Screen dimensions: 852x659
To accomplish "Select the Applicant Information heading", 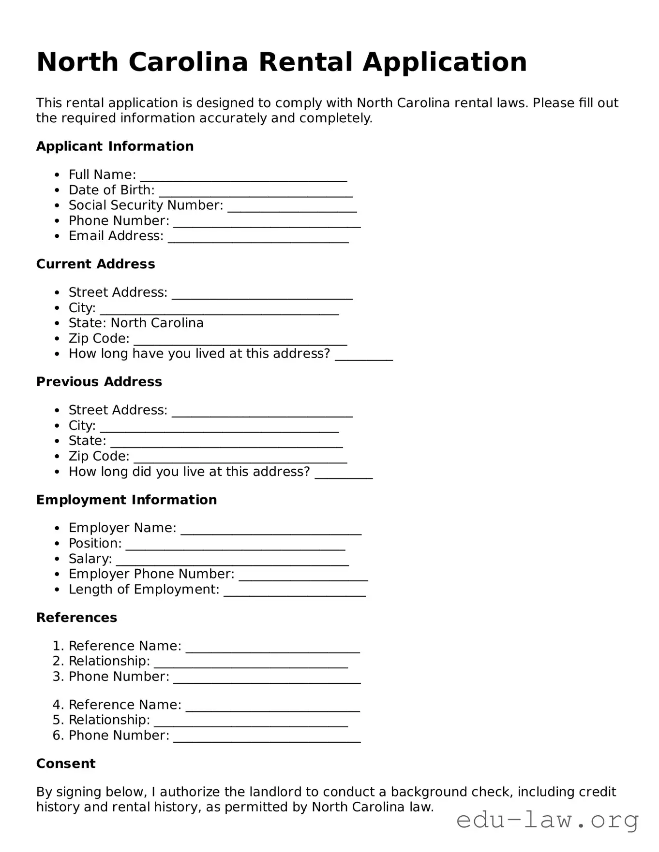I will point(115,146).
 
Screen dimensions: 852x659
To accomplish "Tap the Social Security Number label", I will point(146,205).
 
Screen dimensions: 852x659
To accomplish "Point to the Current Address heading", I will point(95,264).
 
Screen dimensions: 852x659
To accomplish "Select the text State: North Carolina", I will point(136,323).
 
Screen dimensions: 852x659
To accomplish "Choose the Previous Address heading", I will point(99,382).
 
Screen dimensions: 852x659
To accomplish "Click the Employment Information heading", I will point(126,500).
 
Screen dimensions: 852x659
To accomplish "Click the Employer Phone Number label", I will point(151,574).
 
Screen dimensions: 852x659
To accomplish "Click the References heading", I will point(76,618).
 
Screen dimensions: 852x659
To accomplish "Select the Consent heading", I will point(66,764).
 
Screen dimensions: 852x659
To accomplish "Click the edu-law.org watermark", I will point(547,820).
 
